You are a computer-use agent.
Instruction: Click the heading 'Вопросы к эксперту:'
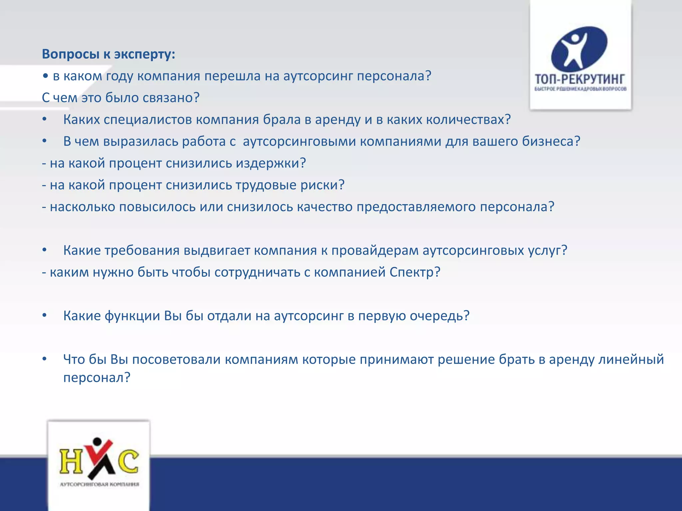click(108, 54)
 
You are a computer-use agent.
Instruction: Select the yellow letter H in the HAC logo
click(71, 461)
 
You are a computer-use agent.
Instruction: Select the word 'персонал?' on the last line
click(97, 378)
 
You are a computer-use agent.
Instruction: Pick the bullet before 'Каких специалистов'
click(44, 120)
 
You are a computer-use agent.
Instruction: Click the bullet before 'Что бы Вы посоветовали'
click(44, 360)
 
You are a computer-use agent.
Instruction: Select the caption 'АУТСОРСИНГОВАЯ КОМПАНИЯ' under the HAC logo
click(99, 484)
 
